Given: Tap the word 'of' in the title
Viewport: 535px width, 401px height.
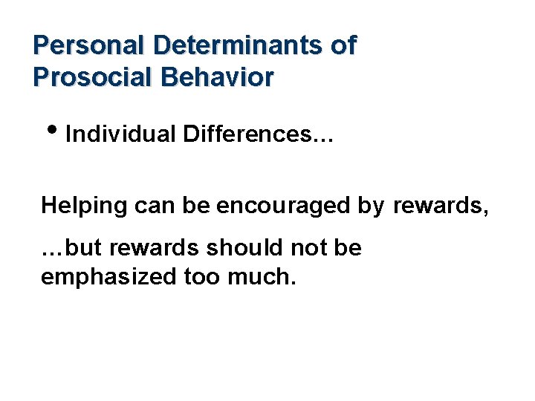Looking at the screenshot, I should point(343,46).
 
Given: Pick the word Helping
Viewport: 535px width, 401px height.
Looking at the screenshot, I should point(85,206).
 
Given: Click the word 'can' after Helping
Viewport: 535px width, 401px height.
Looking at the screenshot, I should point(155,206).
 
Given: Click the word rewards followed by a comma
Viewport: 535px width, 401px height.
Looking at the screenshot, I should point(440,206).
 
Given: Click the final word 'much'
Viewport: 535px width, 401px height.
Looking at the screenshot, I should point(256,277).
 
